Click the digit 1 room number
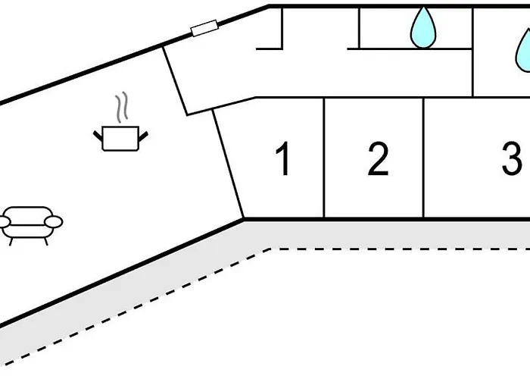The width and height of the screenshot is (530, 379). (284, 160)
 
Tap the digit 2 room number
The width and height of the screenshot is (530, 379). (378, 160)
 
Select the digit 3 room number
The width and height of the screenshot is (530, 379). (512, 160)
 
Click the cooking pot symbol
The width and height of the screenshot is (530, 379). (120, 139)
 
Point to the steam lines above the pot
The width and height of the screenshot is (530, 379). (120, 108)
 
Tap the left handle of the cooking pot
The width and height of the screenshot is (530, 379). (98, 135)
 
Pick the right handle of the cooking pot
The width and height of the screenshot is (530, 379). (142, 135)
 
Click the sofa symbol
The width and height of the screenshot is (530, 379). (31, 222)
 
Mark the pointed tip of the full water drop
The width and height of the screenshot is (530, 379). (424, 10)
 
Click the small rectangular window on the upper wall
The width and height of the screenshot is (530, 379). (204, 30)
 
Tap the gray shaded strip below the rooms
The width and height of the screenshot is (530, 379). (379, 233)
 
